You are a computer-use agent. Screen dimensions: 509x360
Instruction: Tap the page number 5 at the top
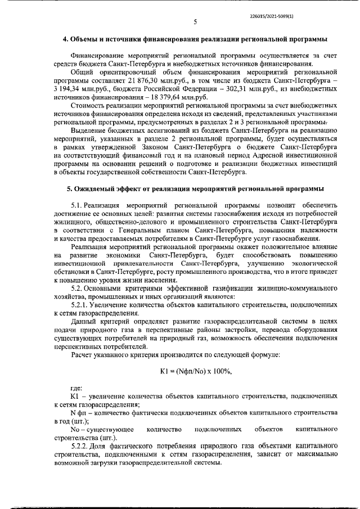pyautogui.click(x=195, y=22)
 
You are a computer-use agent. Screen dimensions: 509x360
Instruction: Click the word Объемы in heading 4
pyautogui.click(x=85, y=39)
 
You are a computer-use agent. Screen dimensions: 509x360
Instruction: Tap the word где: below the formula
pyautogui.click(x=77, y=388)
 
